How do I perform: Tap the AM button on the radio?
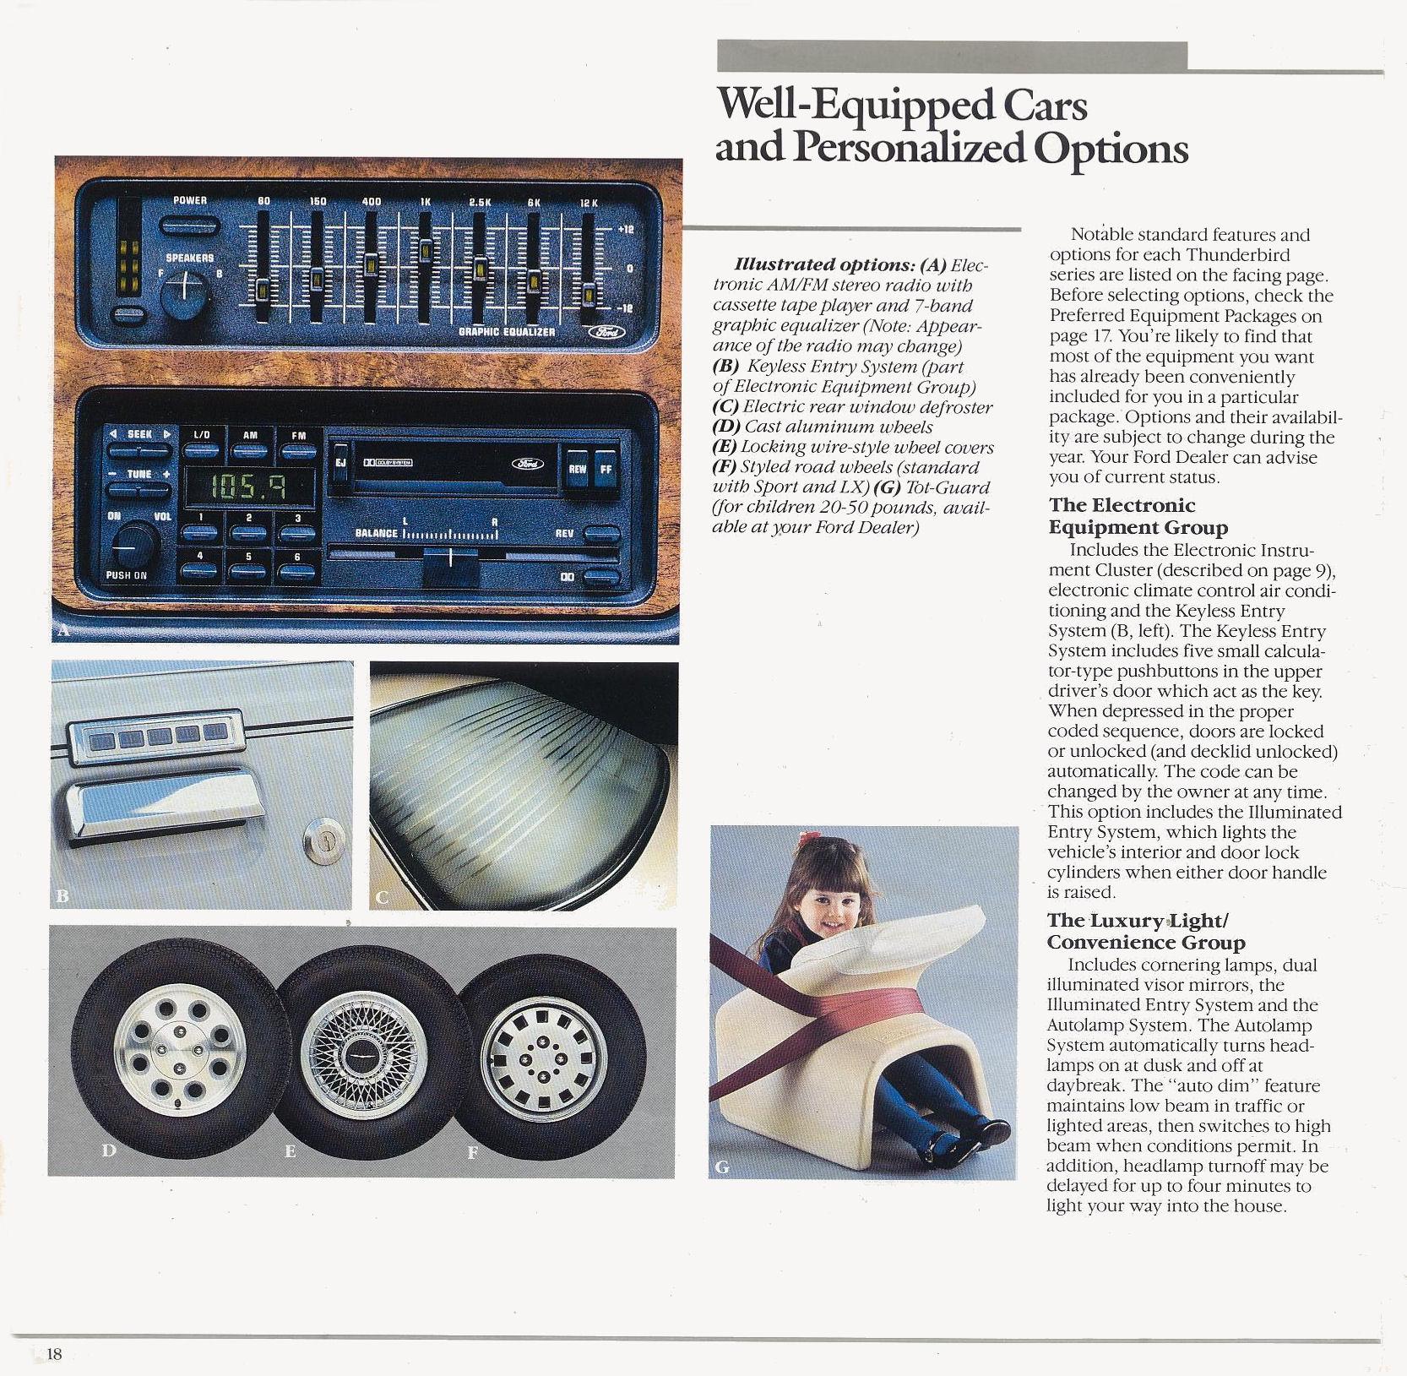(x=250, y=451)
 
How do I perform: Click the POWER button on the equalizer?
(x=190, y=226)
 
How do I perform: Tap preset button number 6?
(x=296, y=570)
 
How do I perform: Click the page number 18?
(x=54, y=1354)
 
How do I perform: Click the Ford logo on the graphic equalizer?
(x=606, y=332)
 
